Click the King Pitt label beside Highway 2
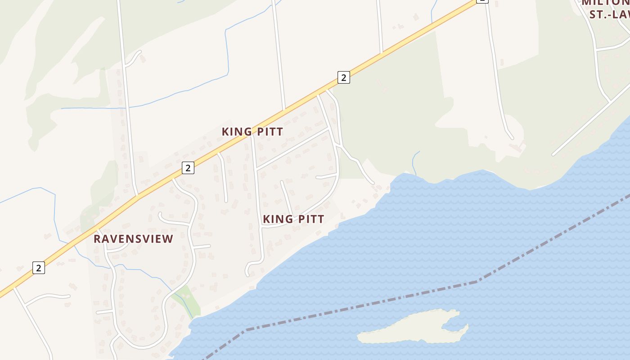(252, 131)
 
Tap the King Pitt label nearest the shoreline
(293, 219)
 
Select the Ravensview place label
(133, 239)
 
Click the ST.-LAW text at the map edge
(610, 14)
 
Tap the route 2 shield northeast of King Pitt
(343, 77)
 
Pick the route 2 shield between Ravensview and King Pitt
(188, 168)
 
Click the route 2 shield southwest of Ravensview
(39, 268)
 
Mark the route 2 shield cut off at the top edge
(481, 1)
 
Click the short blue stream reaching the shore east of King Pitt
(415, 162)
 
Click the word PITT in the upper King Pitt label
(269, 131)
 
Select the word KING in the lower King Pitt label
(276, 219)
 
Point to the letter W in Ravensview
(158, 239)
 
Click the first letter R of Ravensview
(97, 239)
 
